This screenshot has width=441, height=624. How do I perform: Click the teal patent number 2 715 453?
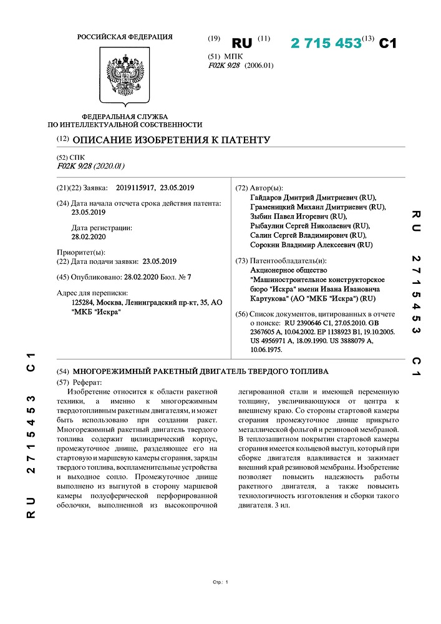click(326, 43)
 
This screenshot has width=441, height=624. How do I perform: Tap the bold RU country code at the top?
click(241, 43)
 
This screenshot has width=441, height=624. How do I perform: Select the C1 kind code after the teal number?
click(388, 43)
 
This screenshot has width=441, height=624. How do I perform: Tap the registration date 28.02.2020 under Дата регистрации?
click(89, 237)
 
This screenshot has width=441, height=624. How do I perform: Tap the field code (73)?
click(241, 261)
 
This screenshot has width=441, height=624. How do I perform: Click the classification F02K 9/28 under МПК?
click(225, 65)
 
